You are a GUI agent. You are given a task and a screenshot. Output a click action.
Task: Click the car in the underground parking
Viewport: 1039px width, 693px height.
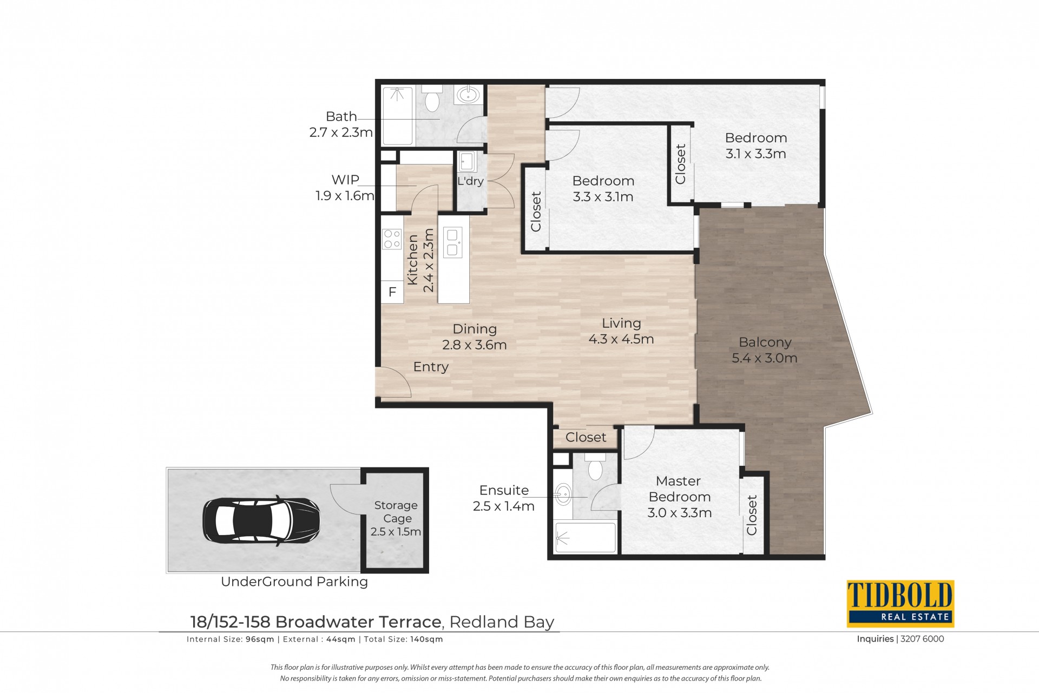261,520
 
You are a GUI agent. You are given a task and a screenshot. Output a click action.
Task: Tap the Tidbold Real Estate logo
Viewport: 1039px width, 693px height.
900,604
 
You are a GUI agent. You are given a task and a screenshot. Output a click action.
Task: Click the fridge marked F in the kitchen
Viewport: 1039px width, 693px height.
392,292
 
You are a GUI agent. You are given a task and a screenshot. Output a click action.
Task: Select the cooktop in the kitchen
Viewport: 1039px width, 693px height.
392,239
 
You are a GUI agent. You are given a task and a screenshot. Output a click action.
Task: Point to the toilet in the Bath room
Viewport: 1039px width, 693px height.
432,97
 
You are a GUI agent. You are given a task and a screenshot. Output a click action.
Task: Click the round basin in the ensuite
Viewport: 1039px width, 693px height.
563,494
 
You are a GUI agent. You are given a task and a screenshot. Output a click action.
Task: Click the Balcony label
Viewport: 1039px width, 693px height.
765,342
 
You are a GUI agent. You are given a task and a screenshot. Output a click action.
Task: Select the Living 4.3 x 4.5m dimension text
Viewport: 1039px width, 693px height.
621,339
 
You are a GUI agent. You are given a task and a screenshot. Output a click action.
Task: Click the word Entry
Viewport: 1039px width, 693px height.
431,367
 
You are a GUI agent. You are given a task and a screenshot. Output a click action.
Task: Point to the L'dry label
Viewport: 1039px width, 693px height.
470,181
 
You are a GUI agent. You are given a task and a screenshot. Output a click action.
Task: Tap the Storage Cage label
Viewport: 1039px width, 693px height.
396,512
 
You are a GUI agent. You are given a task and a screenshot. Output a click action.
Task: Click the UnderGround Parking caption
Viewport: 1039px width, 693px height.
294,582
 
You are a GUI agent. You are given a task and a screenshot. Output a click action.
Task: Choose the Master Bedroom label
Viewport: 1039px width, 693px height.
679,489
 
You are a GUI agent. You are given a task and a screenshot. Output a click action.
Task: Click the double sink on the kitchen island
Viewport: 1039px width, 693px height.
452,242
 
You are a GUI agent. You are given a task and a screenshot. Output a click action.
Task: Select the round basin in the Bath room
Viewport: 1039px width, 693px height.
468,95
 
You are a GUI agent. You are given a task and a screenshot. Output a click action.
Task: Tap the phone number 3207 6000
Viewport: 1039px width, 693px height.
923,639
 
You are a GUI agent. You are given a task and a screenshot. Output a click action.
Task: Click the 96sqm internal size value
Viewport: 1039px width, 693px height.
260,639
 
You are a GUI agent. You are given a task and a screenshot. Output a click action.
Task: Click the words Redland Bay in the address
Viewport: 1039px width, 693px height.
502,622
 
